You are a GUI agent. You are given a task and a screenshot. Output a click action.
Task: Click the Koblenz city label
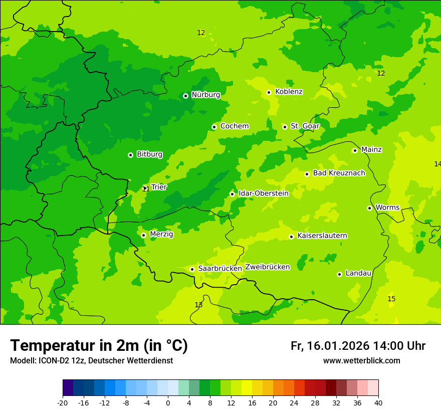pos(289,92)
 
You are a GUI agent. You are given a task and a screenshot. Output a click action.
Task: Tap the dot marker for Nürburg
pos(185,96)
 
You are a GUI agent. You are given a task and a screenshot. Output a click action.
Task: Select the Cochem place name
pos(234,126)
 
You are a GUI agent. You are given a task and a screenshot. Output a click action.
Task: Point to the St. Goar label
pos(305,126)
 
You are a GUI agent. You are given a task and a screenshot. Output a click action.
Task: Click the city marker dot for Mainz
pos(355,150)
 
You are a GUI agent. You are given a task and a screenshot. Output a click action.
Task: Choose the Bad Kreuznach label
pos(339,173)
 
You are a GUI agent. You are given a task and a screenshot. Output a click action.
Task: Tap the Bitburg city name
pos(149,154)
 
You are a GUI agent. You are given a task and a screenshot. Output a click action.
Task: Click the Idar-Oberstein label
pos(263,193)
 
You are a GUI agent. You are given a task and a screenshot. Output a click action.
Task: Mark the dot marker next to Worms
pos(369,208)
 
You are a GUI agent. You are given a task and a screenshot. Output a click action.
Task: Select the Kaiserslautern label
pos(322,236)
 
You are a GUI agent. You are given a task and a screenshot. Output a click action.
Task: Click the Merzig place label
pos(161,234)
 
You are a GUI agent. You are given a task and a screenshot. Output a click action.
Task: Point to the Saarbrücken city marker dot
pos(192,269)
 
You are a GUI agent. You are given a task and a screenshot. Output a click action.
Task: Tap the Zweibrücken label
pos(267,267)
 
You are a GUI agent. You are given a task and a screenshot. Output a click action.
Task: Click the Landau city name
pos(358,274)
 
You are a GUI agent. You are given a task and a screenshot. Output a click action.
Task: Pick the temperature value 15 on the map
pos(391,299)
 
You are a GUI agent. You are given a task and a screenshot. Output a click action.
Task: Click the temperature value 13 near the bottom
pos(198,305)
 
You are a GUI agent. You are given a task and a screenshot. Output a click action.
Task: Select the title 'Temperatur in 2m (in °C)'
pos(99,346)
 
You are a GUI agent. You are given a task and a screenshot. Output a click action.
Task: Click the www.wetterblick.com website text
pos(361,361)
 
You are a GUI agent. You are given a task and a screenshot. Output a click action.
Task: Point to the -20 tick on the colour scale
pos(63,403)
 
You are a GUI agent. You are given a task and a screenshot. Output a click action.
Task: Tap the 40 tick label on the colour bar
pos(378,403)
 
